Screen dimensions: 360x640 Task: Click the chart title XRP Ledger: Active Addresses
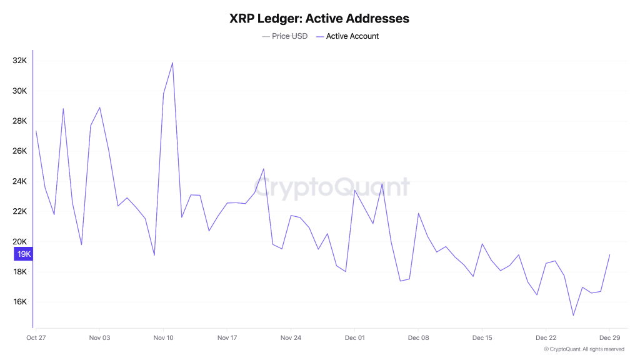319,19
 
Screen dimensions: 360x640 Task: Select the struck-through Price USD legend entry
289,36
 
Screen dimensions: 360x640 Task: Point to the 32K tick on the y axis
19,61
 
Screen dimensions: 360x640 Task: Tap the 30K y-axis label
19,91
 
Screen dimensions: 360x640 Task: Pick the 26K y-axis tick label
19,151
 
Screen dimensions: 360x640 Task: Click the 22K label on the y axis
19,211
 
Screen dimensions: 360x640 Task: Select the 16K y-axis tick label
19,302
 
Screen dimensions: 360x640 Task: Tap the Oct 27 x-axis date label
36,338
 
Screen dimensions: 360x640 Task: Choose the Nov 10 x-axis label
163,338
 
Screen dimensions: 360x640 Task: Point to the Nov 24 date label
291,338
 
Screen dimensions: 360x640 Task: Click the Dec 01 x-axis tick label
354,338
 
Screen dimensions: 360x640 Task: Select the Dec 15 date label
482,338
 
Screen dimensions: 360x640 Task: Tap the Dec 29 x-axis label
609,338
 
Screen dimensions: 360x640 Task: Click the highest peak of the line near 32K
172,62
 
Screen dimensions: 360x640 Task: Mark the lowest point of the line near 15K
573,315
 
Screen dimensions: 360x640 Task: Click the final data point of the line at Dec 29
609,254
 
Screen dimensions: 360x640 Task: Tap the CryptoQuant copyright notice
584,349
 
